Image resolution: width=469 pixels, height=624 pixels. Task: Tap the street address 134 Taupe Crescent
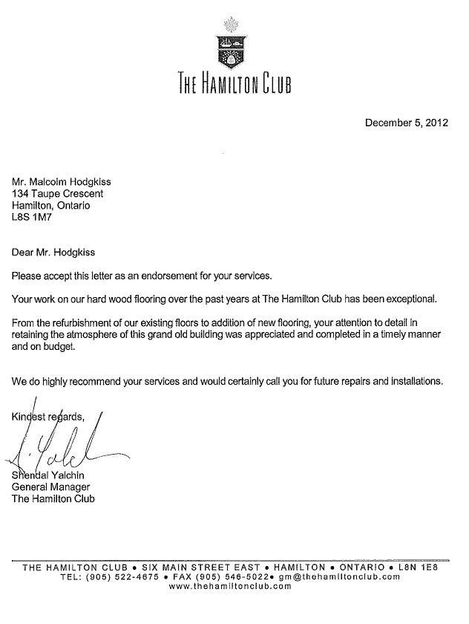pyautogui.click(x=57, y=193)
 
